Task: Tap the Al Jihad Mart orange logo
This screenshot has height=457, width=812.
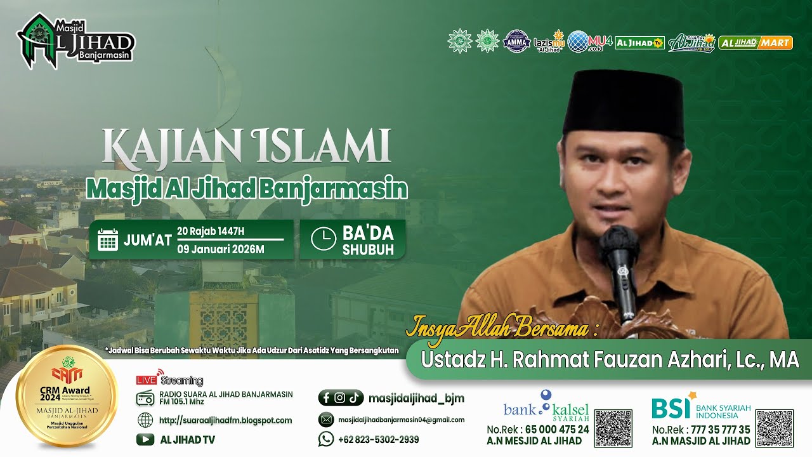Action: coord(756,43)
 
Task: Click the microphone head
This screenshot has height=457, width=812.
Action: coord(618,244)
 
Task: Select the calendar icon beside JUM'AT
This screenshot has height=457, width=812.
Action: coord(108,240)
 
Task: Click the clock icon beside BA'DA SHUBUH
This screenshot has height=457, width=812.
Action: coord(323,239)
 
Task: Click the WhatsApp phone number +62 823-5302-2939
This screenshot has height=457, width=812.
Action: coord(378,439)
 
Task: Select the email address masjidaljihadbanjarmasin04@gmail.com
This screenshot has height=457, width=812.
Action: coord(401,420)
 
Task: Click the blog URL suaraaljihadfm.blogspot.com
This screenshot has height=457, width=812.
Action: coord(225,420)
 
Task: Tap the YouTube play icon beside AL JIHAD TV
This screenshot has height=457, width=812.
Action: coord(145,439)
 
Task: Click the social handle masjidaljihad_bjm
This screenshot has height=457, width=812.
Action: coord(416,398)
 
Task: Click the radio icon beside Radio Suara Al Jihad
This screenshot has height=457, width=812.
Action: coord(145,398)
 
